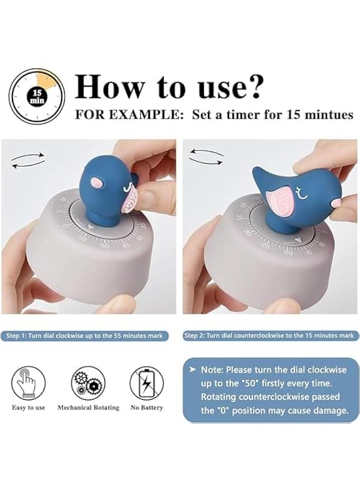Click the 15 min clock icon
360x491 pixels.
(x=37, y=95)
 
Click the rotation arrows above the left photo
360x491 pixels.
(x=28, y=159)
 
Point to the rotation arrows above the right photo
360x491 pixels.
(x=206, y=157)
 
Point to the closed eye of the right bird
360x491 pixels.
(x=302, y=190)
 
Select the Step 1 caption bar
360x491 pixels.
(x=85, y=336)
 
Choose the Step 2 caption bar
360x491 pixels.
(x=271, y=336)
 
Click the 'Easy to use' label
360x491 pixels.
(x=28, y=408)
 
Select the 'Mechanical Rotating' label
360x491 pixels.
(x=88, y=408)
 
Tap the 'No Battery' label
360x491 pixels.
(x=147, y=408)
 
